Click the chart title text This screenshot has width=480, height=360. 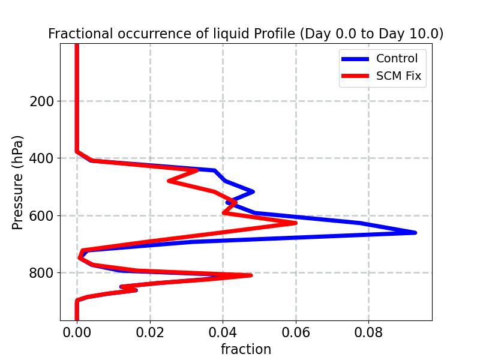click(245, 34)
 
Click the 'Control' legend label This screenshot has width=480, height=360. click(397, 59)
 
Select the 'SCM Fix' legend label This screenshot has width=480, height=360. click(398, 76)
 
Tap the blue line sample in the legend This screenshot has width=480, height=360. click(355, 59)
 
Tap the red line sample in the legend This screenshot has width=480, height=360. click(355, 76)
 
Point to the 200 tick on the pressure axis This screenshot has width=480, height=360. click(41, 101)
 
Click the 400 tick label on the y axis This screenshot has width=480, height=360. click(41, 158)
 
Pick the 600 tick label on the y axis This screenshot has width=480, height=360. click(41, 216)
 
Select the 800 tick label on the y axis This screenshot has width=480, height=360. click(41, 273)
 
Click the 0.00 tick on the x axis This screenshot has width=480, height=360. click(77, 332)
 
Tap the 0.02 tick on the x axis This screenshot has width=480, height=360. click(150, 332)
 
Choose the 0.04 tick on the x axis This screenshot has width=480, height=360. click(223, 332)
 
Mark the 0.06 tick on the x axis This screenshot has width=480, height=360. click(296, 332)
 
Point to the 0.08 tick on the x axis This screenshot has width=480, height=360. click(368, 332)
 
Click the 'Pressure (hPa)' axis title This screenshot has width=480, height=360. click(18, 182)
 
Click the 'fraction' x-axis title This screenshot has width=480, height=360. click(245, 349)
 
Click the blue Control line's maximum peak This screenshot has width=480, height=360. click(415, 232)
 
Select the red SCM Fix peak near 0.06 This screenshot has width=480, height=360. click(295, 223)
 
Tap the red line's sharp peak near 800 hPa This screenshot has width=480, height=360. click(250, 275)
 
